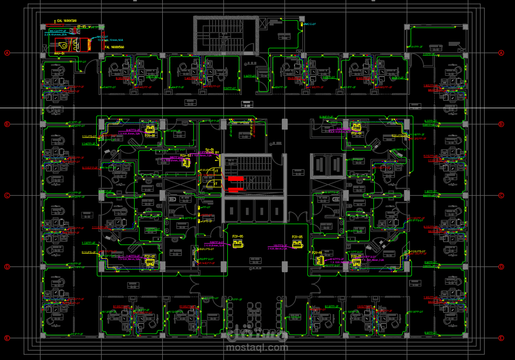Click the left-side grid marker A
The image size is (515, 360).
point(7,53)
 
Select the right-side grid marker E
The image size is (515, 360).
point(501,338)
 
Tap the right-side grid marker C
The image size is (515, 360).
point(501,195)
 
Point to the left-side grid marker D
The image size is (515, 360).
point(7,267)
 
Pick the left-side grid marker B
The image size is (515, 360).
point(7,124)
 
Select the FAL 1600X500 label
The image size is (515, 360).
point(114,47)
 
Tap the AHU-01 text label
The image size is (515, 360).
point(60,54)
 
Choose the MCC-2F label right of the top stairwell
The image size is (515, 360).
point(310,24)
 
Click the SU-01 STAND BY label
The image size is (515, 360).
point(210,151)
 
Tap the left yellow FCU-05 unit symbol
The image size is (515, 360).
point(237,245)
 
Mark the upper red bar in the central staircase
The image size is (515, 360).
point(236,178)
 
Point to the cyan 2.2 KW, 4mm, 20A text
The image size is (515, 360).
point(56,34)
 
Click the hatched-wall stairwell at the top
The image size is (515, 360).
point(226,35)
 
